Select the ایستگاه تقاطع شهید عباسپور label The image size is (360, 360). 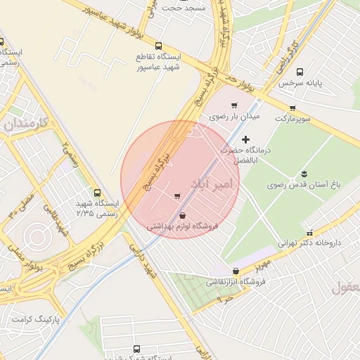(159, 61)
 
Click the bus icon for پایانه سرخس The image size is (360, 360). (300, 72)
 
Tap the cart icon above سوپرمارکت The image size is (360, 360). (292, 108)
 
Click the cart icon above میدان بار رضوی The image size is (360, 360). (234, 105)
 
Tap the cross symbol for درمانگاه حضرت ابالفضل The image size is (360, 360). (245, 140)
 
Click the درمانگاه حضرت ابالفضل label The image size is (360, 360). (245, 155)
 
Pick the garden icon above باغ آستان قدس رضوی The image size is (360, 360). (304, 174)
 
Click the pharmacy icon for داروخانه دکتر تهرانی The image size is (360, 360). (309, 233)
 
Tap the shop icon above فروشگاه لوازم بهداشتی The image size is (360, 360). (183, 215)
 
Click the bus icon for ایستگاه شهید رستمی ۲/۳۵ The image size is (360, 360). (97, 193)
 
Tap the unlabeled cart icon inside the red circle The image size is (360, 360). (176, 195)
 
